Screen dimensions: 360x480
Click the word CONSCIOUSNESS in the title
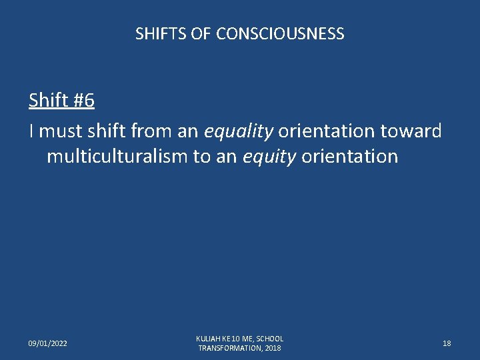click(280, 33)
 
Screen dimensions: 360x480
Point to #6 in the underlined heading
click(83, 101)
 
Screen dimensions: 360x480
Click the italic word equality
click(239, 131)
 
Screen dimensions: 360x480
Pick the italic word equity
click(271, 157)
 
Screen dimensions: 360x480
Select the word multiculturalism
click(117, 157)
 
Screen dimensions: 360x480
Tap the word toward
click(411, 131)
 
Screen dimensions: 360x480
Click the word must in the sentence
click(60, 131)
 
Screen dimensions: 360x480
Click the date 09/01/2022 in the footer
click(47, 343)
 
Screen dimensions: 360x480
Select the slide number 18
click(447, 343)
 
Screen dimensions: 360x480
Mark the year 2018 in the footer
click(273, 348)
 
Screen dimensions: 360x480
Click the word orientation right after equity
click(350, 157)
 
